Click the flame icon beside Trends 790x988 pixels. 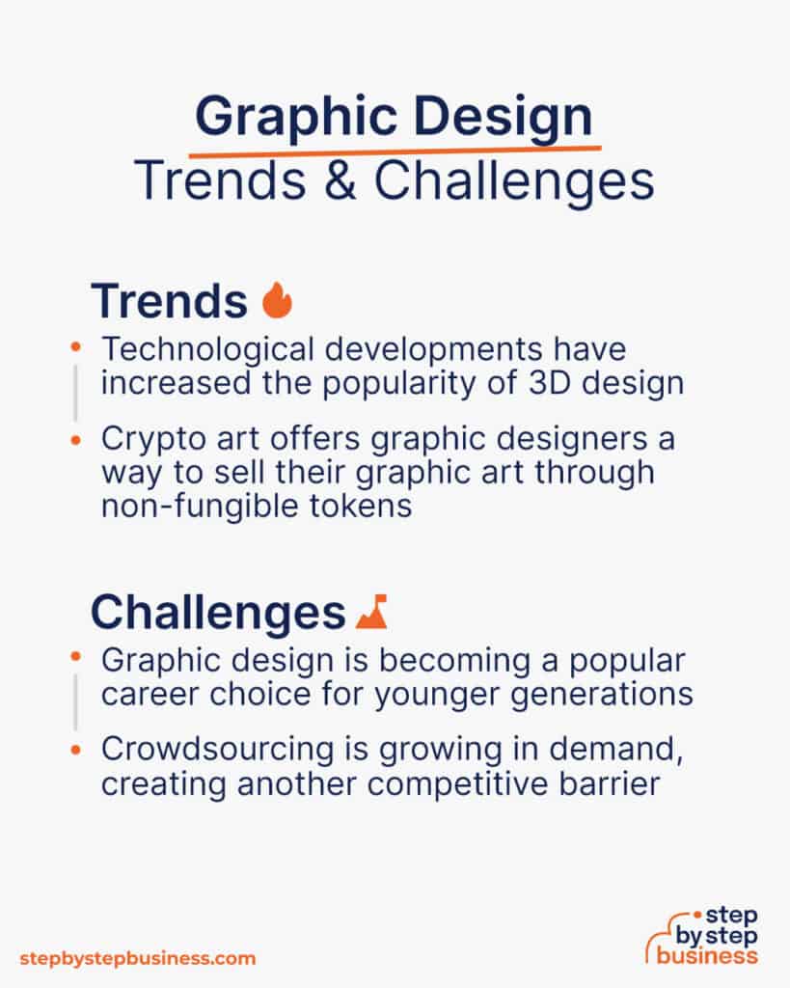coord(277,301)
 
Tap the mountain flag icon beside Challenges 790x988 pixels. coord(371,611)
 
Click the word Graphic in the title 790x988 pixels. coord(282,118)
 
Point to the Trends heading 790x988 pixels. coord(169,301)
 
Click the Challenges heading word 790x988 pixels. coord(217,612)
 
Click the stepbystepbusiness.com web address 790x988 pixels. coord(138,958)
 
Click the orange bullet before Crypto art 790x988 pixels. coord(77,439)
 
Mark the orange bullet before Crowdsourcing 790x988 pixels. coord(77,750)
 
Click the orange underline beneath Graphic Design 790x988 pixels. coord(395,150)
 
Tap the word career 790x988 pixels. coord(147,693)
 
